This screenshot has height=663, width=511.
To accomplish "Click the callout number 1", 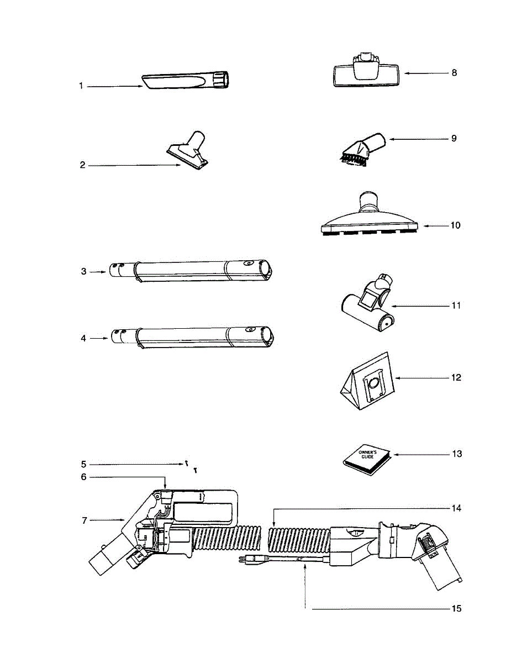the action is (81, 86).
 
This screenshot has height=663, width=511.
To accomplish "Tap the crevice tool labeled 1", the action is (188, 81).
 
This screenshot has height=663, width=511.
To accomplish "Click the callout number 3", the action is (83, 271).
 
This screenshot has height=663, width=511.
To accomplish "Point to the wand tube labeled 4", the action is (193, 336).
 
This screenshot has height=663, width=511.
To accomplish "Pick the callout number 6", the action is (83, 477).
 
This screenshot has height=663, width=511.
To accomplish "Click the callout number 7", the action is (83, 519).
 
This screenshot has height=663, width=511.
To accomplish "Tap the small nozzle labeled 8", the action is (366, 73).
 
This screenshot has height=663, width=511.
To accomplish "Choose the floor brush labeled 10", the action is (371, 218).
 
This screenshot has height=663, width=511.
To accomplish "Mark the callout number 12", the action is (455, 378).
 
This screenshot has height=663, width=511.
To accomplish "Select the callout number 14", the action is (456, 507).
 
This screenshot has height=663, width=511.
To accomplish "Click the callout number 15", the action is (456, 609).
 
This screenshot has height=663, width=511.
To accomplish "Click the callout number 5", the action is (83, 464).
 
